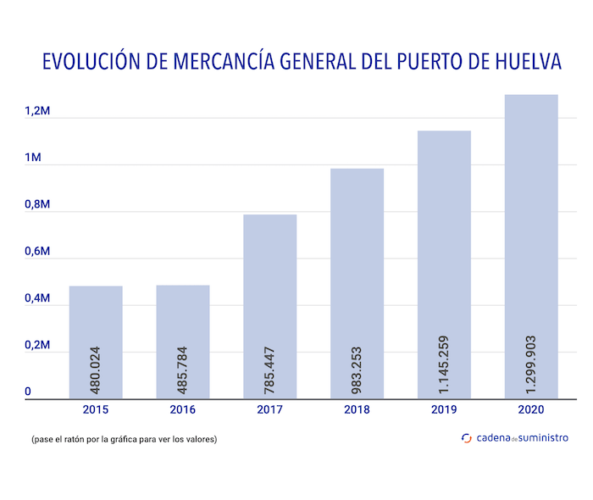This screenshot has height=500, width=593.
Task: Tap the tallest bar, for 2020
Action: click(531, 212)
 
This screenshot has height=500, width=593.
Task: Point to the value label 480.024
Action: click(96, 369)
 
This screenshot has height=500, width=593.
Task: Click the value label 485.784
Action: click(183, 369)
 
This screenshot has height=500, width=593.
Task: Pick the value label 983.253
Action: click(357, 369)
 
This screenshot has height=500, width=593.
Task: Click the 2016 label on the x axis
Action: click(183, 410)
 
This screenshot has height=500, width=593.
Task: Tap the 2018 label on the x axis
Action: click(357, 410)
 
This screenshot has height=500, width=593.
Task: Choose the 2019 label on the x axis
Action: click(445, 410)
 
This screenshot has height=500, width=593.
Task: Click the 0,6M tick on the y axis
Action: click(37, 252)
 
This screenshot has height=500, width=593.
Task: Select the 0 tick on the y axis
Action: click(27, 392)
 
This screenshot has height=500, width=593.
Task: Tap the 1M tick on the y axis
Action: click(33, 158)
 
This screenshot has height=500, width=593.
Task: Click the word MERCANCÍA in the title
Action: click(221, 62)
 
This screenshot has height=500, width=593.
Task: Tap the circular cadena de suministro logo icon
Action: click(467, 438)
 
